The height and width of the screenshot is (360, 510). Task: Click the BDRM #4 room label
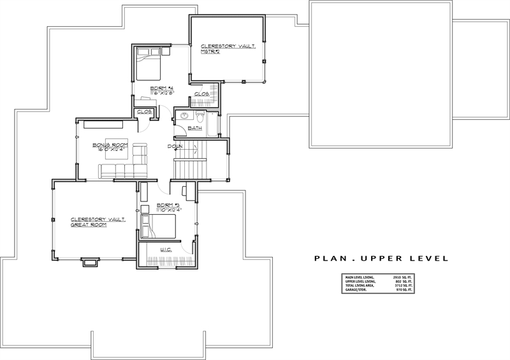159,88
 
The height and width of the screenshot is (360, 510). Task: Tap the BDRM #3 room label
157,205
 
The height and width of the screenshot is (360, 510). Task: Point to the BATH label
194,128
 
